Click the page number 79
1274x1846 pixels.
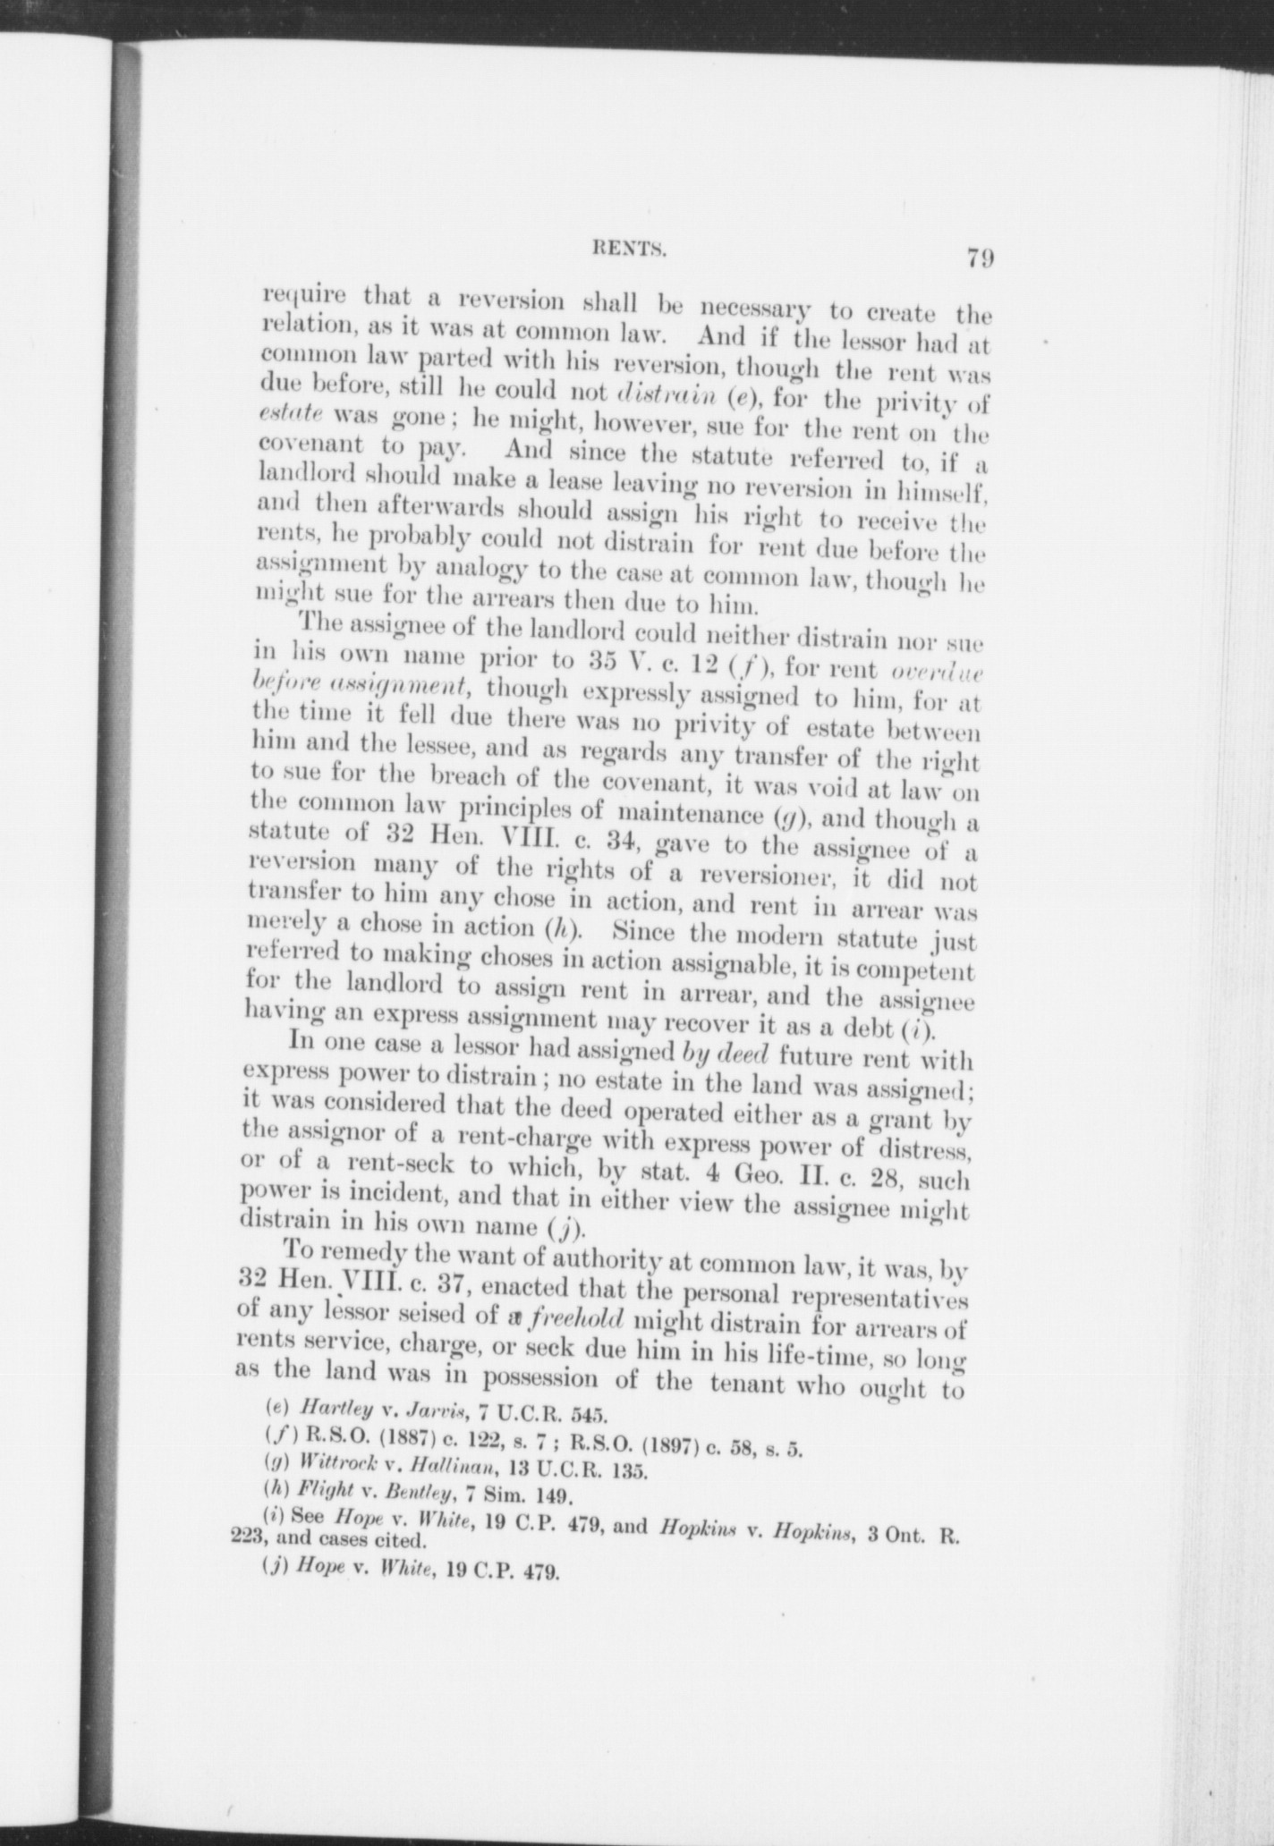[980, 259]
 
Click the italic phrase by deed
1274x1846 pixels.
[725, 1058]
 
